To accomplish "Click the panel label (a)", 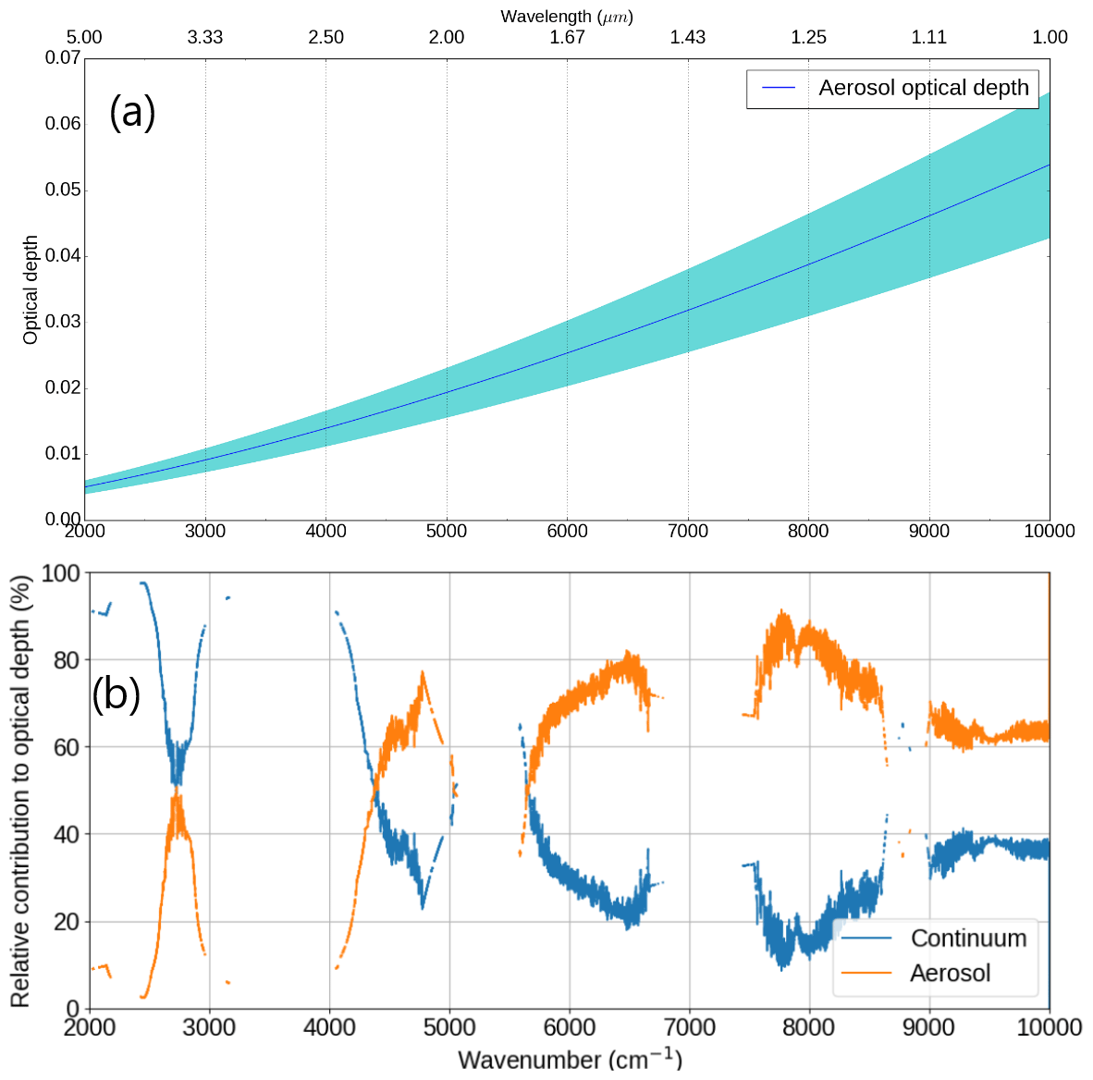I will pos(132,113).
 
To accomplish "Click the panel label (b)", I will pos(116,693).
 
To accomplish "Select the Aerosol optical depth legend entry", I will pos(923,88).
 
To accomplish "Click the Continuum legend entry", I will pos(968,939).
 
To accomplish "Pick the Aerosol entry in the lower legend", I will pos(950,974).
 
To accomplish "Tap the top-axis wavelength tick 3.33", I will pos(205,37).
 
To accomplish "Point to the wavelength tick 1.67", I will pos(567,37).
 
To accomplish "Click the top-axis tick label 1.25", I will pos(808,37).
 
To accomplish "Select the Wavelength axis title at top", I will pos(567,16).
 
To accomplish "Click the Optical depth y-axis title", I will pos(31,289).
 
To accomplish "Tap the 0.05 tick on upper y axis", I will pos(63,190).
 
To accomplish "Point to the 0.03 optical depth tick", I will pos(63,322).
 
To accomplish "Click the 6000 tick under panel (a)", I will pos(567,531).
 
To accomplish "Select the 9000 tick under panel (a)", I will pos(928,531).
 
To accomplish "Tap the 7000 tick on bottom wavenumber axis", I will pos(689,1027).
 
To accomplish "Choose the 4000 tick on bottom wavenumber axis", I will pos(329,1027).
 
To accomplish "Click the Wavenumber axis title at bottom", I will pos(570,1059).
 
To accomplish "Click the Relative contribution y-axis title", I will pos(20,791).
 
